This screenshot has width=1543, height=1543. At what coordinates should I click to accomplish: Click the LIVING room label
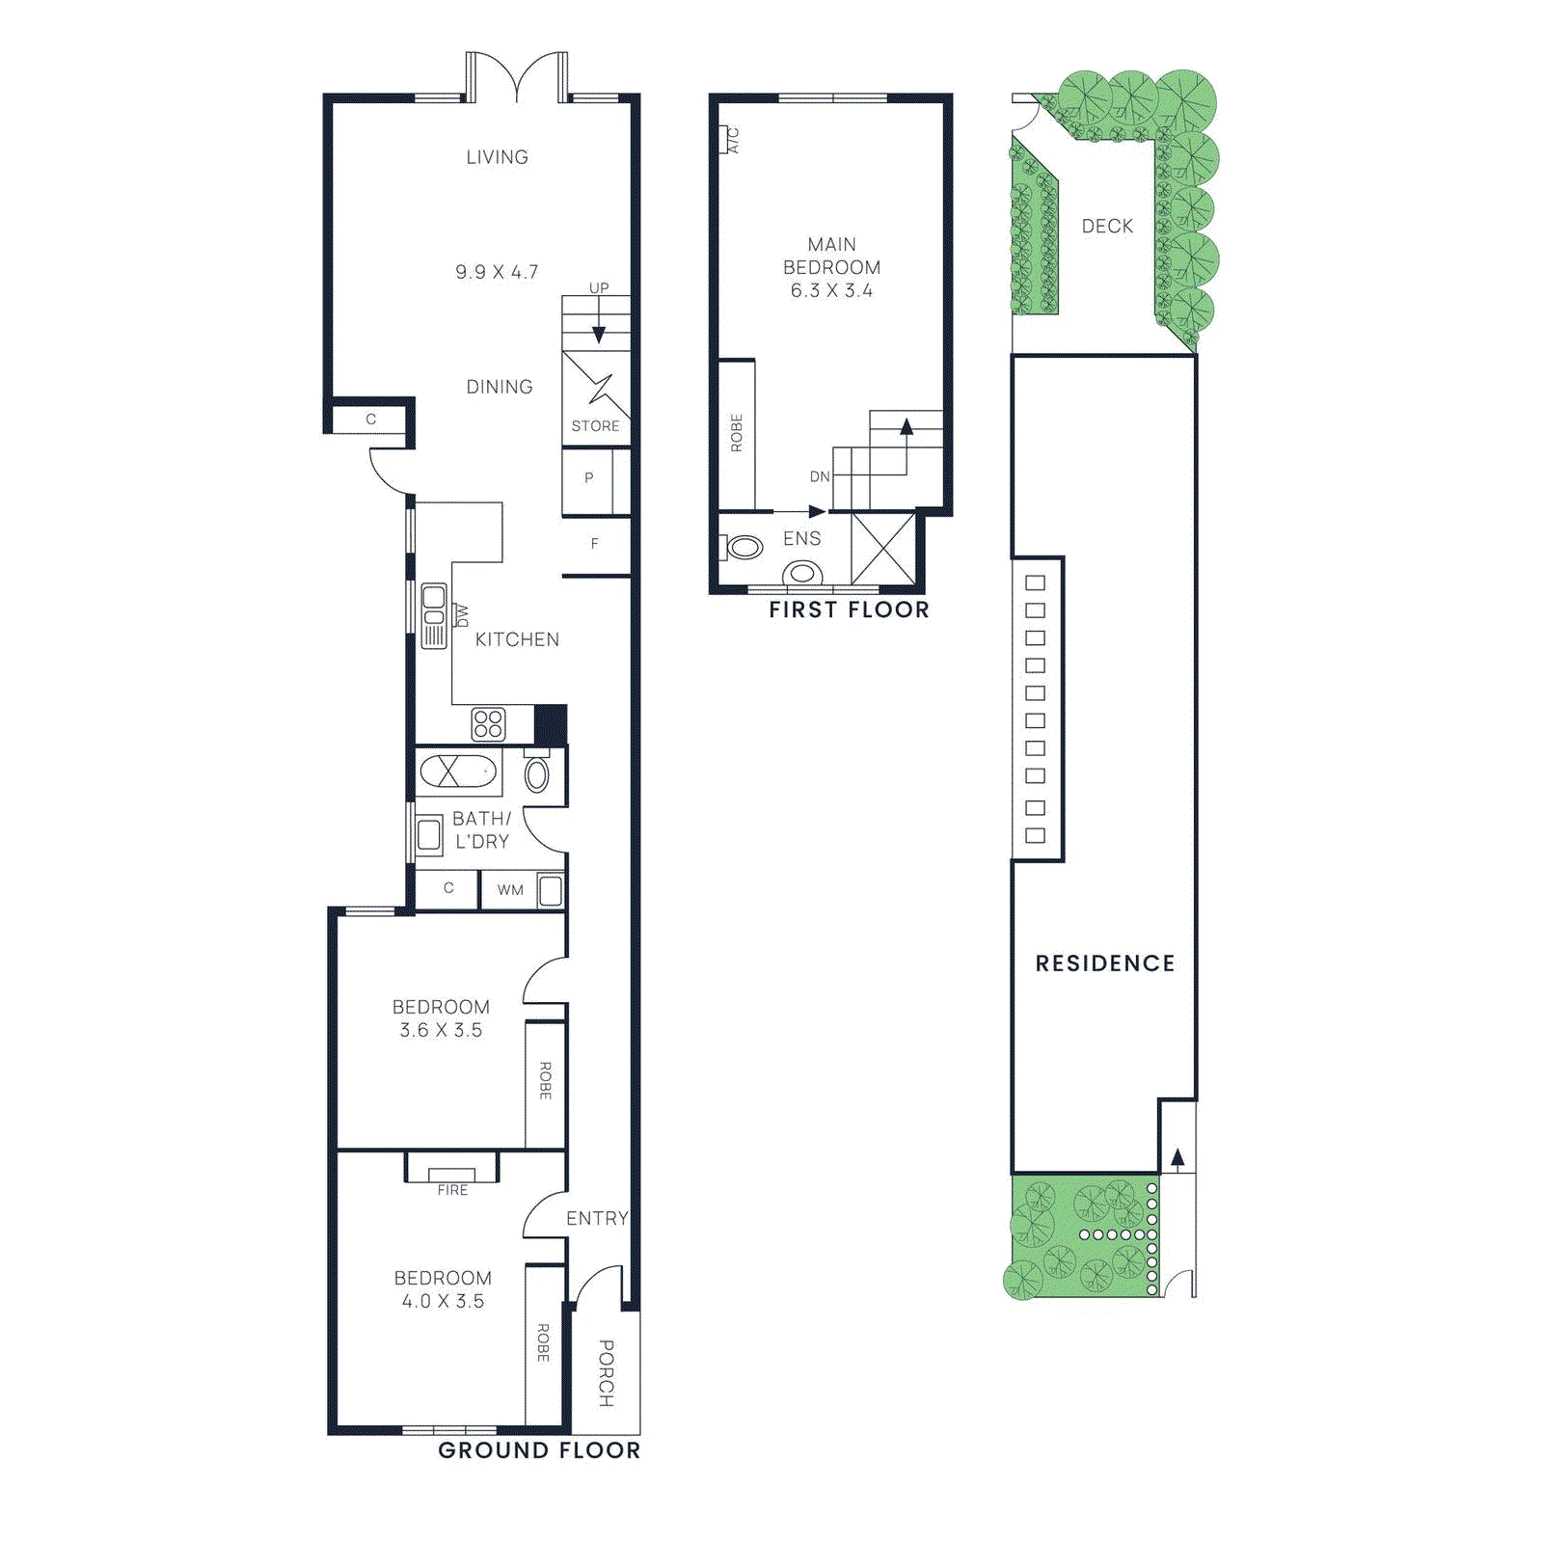point(497,157)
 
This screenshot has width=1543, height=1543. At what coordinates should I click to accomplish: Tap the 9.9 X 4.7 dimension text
point(497,272)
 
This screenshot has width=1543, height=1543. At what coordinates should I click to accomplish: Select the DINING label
point(499,387)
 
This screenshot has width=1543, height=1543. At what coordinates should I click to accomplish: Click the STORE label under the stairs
point(595,425)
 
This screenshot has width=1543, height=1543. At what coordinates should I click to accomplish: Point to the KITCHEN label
point(517,639)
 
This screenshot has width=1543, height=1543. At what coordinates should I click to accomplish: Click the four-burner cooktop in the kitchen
point(488,723)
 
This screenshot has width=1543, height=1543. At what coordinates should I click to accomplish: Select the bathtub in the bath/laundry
point(458,771)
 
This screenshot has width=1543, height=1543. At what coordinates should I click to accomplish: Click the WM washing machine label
point(510,889)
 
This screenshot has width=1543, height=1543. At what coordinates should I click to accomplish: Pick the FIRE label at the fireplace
point(452,1190)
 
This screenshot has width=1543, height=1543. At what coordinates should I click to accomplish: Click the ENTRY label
point(597,1218)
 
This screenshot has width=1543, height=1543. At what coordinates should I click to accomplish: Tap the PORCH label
point(606,1372)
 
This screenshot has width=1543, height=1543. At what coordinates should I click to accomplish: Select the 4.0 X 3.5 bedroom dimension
point(443,1301)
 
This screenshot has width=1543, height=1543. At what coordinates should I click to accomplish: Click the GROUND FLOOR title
point(539,1450)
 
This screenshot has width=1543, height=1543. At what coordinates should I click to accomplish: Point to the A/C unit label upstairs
point(733,140)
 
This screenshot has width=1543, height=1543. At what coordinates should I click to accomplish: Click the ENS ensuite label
point(801,538)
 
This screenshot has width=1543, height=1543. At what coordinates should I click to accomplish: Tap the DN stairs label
point(820,476)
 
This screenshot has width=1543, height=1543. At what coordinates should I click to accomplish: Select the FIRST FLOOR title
point(849,609)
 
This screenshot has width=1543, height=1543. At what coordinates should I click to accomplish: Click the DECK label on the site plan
point(1107,226)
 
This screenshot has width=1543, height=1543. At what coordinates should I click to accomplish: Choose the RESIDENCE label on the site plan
point(1105,963)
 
